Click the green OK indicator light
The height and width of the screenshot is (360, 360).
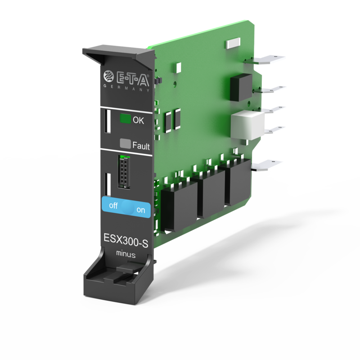[x=126, y=119]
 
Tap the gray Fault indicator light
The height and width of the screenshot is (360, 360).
[x=126, y=144]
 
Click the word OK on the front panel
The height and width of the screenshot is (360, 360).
[x=138, y=120]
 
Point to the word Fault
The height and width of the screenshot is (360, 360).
[x=141, y=145]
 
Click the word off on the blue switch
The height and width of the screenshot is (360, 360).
[x=113, y=206]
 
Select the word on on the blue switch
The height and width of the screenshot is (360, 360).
[x=141, y=210]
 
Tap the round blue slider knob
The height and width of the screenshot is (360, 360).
[x=127, y=207]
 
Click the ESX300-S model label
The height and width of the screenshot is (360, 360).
[x=126, y=240]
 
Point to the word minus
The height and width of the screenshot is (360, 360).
[x=126, y=254]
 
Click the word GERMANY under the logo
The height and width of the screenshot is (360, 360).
[x=126, y=88]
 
